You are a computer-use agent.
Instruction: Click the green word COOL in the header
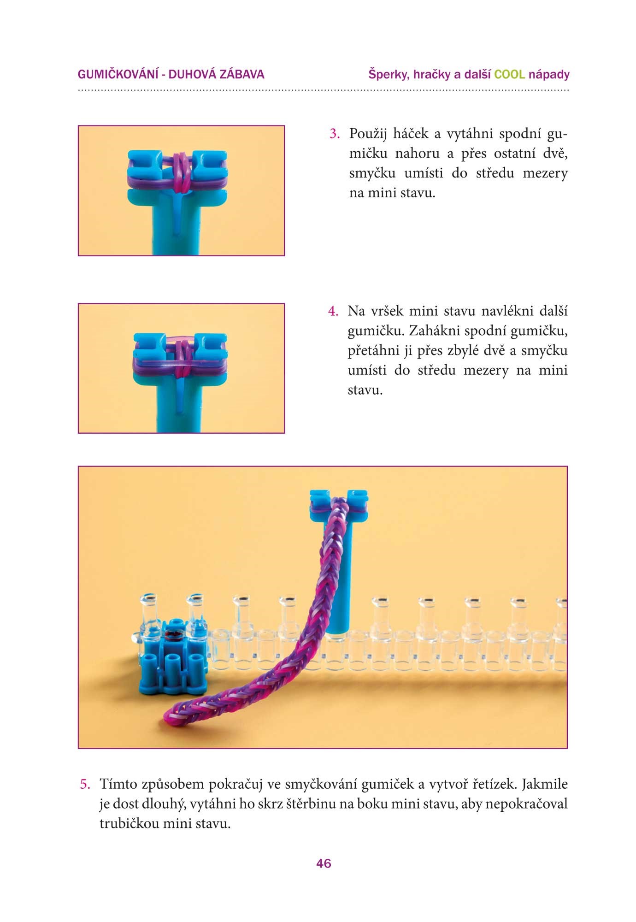(509, 74)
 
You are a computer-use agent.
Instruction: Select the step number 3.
(335, 134)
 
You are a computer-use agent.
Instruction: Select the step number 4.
(333, 312)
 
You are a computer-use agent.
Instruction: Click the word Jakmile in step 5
(545, 784)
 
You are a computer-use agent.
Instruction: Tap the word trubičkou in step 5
(128, 823)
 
